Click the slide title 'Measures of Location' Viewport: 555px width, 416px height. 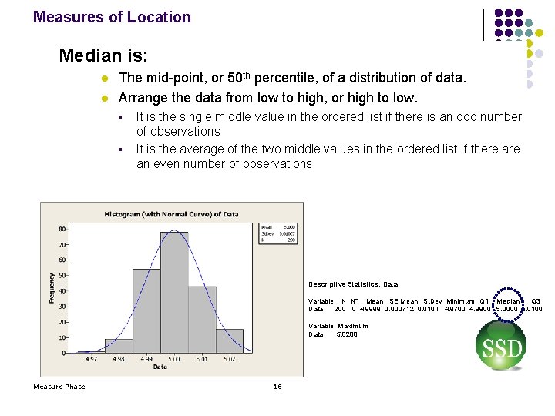(x=112, y=17)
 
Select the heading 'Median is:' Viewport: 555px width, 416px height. (x=103, y=56)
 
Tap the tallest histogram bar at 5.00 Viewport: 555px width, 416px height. (x=174, y=293)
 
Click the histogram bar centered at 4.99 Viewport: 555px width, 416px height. (x=146, y=312)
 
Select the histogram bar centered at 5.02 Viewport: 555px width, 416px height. (x=230, y=341)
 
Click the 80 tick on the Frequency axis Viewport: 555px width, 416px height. (x=62, y=229)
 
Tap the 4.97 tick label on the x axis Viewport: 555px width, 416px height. (x=91, y=359)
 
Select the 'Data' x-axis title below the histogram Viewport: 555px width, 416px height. (x=160, y=367)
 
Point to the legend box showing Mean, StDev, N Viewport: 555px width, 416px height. (x=278, y=233)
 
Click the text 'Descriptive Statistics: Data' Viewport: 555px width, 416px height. (x=353, y=284)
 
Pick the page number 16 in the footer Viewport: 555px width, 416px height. (x=277, y=387)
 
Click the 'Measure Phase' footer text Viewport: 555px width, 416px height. (x=59, y=387)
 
